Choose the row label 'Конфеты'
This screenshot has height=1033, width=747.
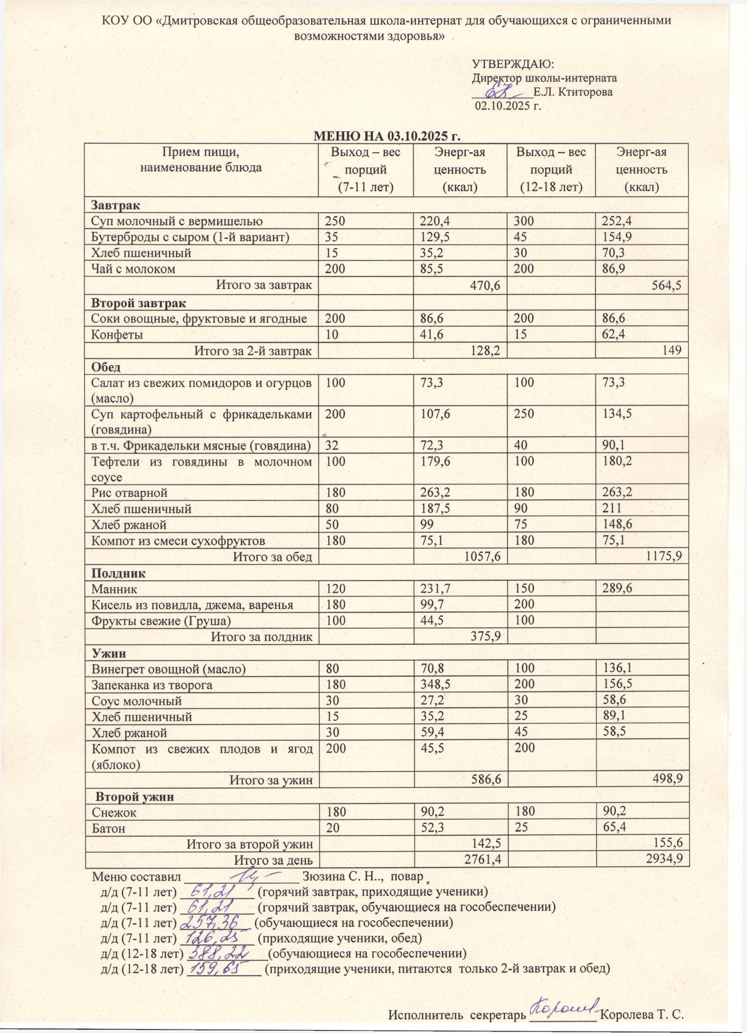(117, 335)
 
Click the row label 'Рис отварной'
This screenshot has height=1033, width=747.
(130, 492)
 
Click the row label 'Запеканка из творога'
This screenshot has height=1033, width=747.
(152, 685)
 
